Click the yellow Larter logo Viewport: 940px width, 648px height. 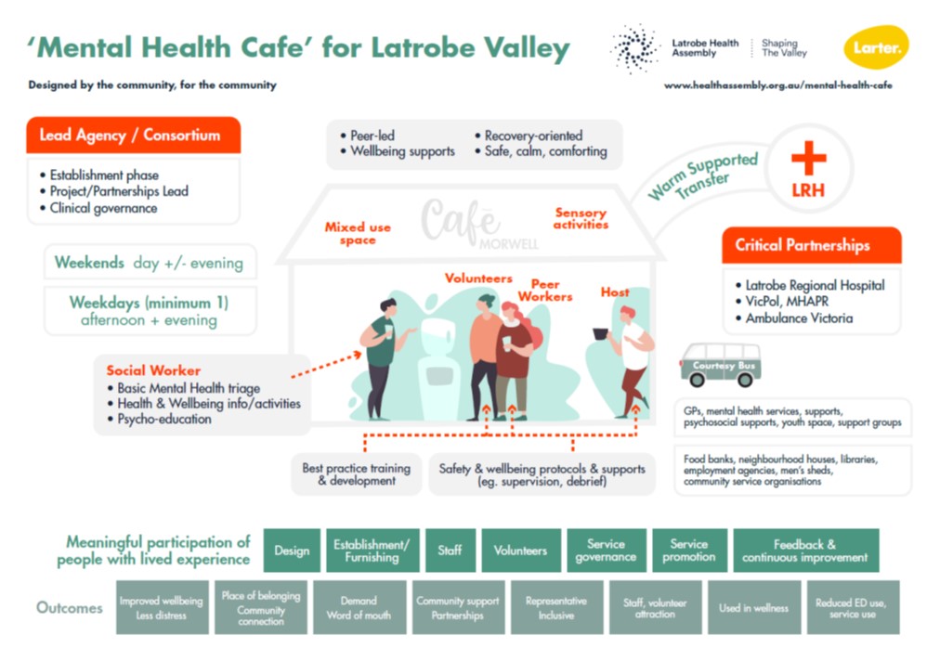(876, 46)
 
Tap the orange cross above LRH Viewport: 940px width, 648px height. (809, 158)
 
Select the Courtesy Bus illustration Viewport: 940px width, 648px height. (721, 365)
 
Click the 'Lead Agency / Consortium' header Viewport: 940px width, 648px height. (134, 135)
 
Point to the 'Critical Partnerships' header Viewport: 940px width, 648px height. (812, 244)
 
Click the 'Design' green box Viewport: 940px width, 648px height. (292, 551)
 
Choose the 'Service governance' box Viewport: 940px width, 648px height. (607, 551)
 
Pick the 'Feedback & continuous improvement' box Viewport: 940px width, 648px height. (805, 551)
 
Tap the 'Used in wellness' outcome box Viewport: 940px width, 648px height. (753, 607)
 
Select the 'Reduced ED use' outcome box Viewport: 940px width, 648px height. (853, 607)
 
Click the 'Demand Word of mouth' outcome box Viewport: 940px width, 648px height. (359, 607)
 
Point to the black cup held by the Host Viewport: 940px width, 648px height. (600, 334)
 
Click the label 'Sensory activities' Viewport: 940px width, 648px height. (581, 218)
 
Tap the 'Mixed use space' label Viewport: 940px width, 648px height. (358, 233)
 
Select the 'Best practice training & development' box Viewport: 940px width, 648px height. (357, 474)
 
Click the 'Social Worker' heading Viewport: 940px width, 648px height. (153, 370)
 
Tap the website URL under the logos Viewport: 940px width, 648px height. (778, 85)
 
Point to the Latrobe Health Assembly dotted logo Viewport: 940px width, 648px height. (634, 48)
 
